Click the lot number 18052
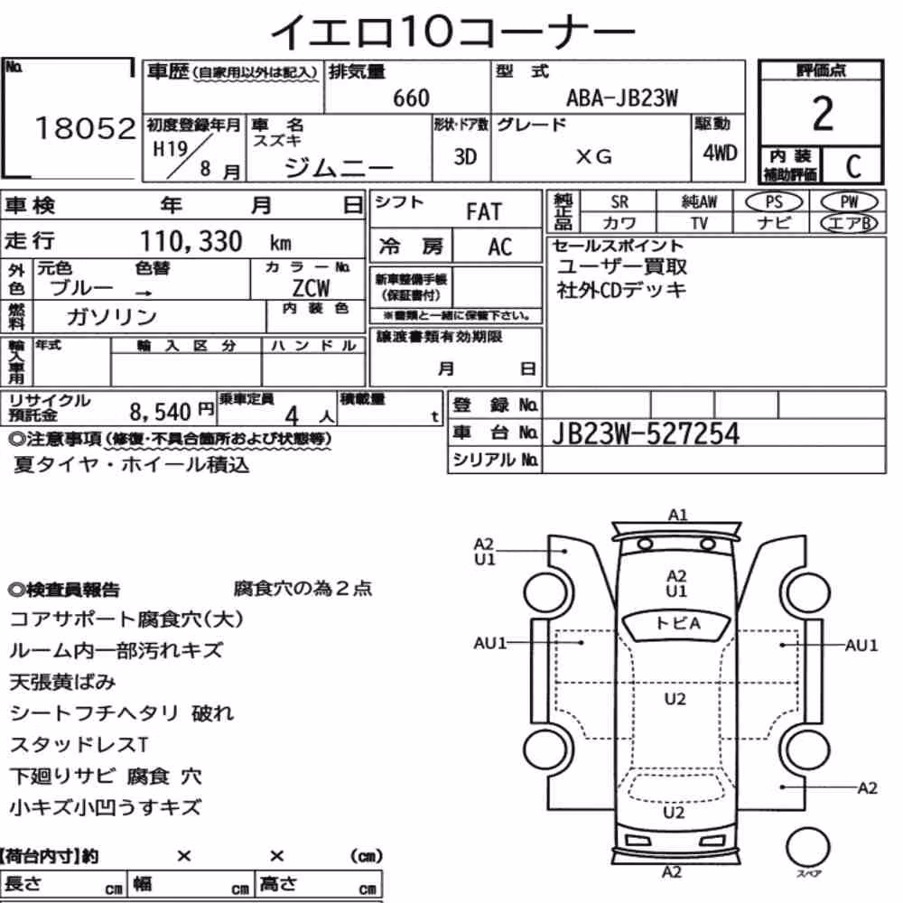pos(85,128)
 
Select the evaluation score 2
pos(823,114)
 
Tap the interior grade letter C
pos(853,166)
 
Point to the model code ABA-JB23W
pos(622,98)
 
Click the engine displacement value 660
pos(411,98)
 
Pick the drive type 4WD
pos(720,154)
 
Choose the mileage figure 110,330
pos(191,241)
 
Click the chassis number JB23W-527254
pos(645,433)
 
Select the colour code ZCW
pos(311,287)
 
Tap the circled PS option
pos(774,202)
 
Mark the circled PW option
pos(849,202)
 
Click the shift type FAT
pos(484,212)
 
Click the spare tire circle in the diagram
pos(807,847)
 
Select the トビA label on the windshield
pos(678,623)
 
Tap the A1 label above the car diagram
pos(678,515)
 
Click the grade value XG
pos(594,156)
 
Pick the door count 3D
pos(465,156)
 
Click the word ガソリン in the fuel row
pos(111,316)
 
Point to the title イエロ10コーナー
pos(452,31)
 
